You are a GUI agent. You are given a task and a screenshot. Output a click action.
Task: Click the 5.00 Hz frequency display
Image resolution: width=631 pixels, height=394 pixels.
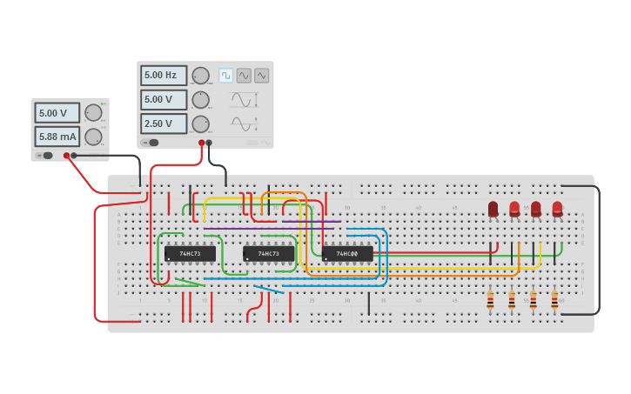pos(164,76)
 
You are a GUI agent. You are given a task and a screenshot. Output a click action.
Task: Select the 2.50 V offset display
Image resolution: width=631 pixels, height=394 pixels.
pos(164,124)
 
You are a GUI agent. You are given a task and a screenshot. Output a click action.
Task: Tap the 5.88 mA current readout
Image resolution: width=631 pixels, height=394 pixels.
pos(57,137)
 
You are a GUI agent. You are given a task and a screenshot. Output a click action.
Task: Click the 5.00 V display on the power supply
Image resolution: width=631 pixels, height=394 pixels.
pos(57,113)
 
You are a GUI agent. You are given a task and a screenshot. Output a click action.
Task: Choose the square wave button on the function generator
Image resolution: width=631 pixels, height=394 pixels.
pos(225,76)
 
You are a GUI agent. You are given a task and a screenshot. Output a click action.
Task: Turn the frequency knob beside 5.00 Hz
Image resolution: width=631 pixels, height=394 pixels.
pos(200,76)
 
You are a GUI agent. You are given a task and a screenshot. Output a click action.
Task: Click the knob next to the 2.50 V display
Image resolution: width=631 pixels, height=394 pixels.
pos(200,124)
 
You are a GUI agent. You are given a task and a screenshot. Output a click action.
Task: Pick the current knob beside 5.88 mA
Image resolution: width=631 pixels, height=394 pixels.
pos(92,137)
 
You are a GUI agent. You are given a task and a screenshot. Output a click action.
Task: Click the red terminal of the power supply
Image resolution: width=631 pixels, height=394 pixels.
pos(66,156)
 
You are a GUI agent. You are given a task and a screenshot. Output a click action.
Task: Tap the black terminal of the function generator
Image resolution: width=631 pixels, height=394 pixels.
pos(209,143)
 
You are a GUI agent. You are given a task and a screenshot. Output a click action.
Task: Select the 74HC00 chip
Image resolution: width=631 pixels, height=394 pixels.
pos(347,254)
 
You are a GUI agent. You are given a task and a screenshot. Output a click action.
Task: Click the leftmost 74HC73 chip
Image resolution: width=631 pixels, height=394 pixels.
pos(190,254)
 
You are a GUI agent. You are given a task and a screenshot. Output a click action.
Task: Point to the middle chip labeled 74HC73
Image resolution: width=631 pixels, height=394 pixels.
pos(268,254)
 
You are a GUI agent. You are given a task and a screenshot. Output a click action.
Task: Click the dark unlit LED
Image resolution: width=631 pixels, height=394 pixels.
pos(493,209)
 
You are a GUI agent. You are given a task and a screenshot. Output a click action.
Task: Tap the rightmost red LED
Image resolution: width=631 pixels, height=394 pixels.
pos(557,209)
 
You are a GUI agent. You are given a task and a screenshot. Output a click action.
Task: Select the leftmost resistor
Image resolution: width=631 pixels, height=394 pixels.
pos(490,300)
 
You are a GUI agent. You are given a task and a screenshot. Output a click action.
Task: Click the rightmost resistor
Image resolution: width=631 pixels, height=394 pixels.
pos(554,300)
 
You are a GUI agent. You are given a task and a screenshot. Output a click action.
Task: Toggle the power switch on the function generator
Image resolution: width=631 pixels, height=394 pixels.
pos(151,143)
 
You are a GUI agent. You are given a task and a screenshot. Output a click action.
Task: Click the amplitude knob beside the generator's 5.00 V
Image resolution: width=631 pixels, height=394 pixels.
pos(200,99)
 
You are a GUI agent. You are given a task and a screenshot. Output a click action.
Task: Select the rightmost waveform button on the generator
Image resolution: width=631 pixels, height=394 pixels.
pos(261,76)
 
